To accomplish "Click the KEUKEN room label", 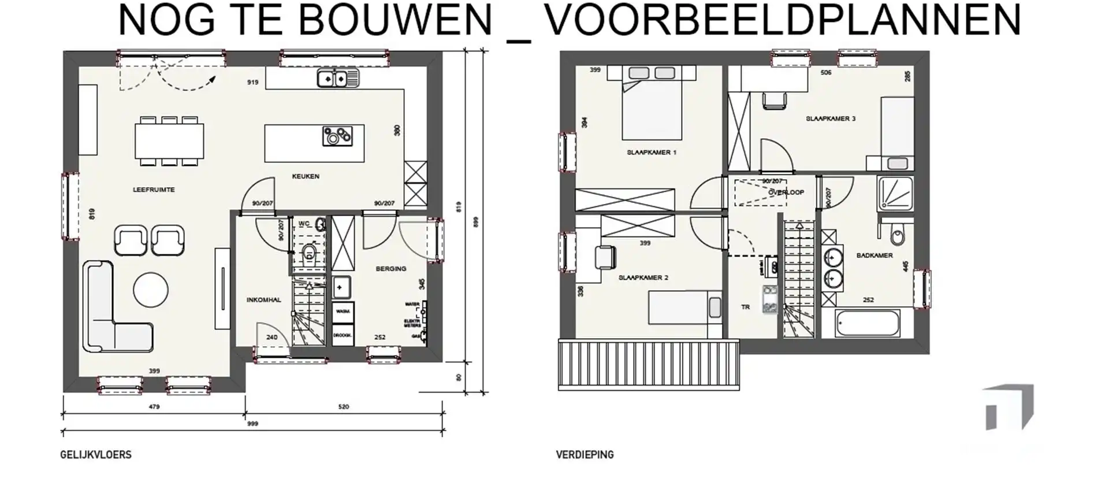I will click(306, 176).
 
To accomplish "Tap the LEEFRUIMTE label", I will click(154, 190).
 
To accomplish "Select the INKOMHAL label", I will click(263, 300).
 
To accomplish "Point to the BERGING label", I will click(391, 269).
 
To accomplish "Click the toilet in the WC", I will click(309, 252).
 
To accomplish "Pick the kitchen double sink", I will click(337, 77).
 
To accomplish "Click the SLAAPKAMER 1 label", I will click(652, 153).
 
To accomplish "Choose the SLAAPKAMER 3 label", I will click(831, 118).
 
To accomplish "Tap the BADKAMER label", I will click(874, 255).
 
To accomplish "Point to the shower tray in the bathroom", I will click(895, 194).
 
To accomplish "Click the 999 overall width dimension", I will click(252, 424).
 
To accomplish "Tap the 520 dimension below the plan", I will click(343, 407).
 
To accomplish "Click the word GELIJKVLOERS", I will click(96, 455).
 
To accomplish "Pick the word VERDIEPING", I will click(585, 455).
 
